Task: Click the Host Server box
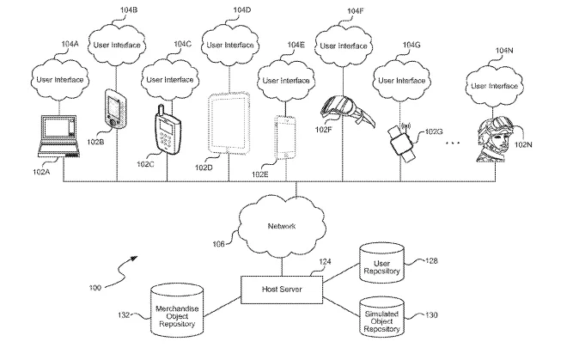point(282,290)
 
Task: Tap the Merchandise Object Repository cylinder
point(177,311)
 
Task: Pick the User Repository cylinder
point(382,263)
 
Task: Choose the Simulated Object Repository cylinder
point(382,317)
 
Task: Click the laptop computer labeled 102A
point(58,137)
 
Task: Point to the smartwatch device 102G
point(401,143)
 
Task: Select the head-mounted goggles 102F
point(347,110)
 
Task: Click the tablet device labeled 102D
point(229,123)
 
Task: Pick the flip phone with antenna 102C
point(168,130)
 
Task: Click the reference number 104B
point(129,9)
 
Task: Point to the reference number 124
point(325,262)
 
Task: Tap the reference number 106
point(218,244)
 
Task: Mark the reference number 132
point(124,315)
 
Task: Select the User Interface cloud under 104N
point(494,86)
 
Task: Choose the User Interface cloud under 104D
point(230,46)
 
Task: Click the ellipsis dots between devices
point(453,143)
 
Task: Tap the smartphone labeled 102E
point(285,137)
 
